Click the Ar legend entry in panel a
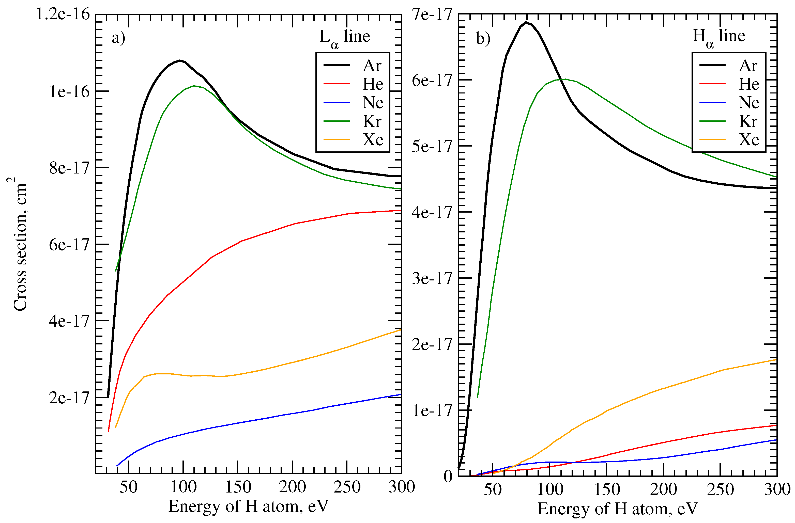click(x=372, y=66)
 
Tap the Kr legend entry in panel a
click(x=372, y=121)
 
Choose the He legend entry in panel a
click(x=373, y=84)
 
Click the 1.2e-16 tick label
click(x=63, y=14)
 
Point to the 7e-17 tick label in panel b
click(x=432, y=14)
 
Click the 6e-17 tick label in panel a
click(x=69, y=245)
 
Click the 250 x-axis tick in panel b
click(x=720, y=489)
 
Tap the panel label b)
click(x=483, y=38)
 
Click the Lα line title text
click(x=344, y=37)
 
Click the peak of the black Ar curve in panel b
click(x=526, y=22)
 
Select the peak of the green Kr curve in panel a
click(x=194, y=86)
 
